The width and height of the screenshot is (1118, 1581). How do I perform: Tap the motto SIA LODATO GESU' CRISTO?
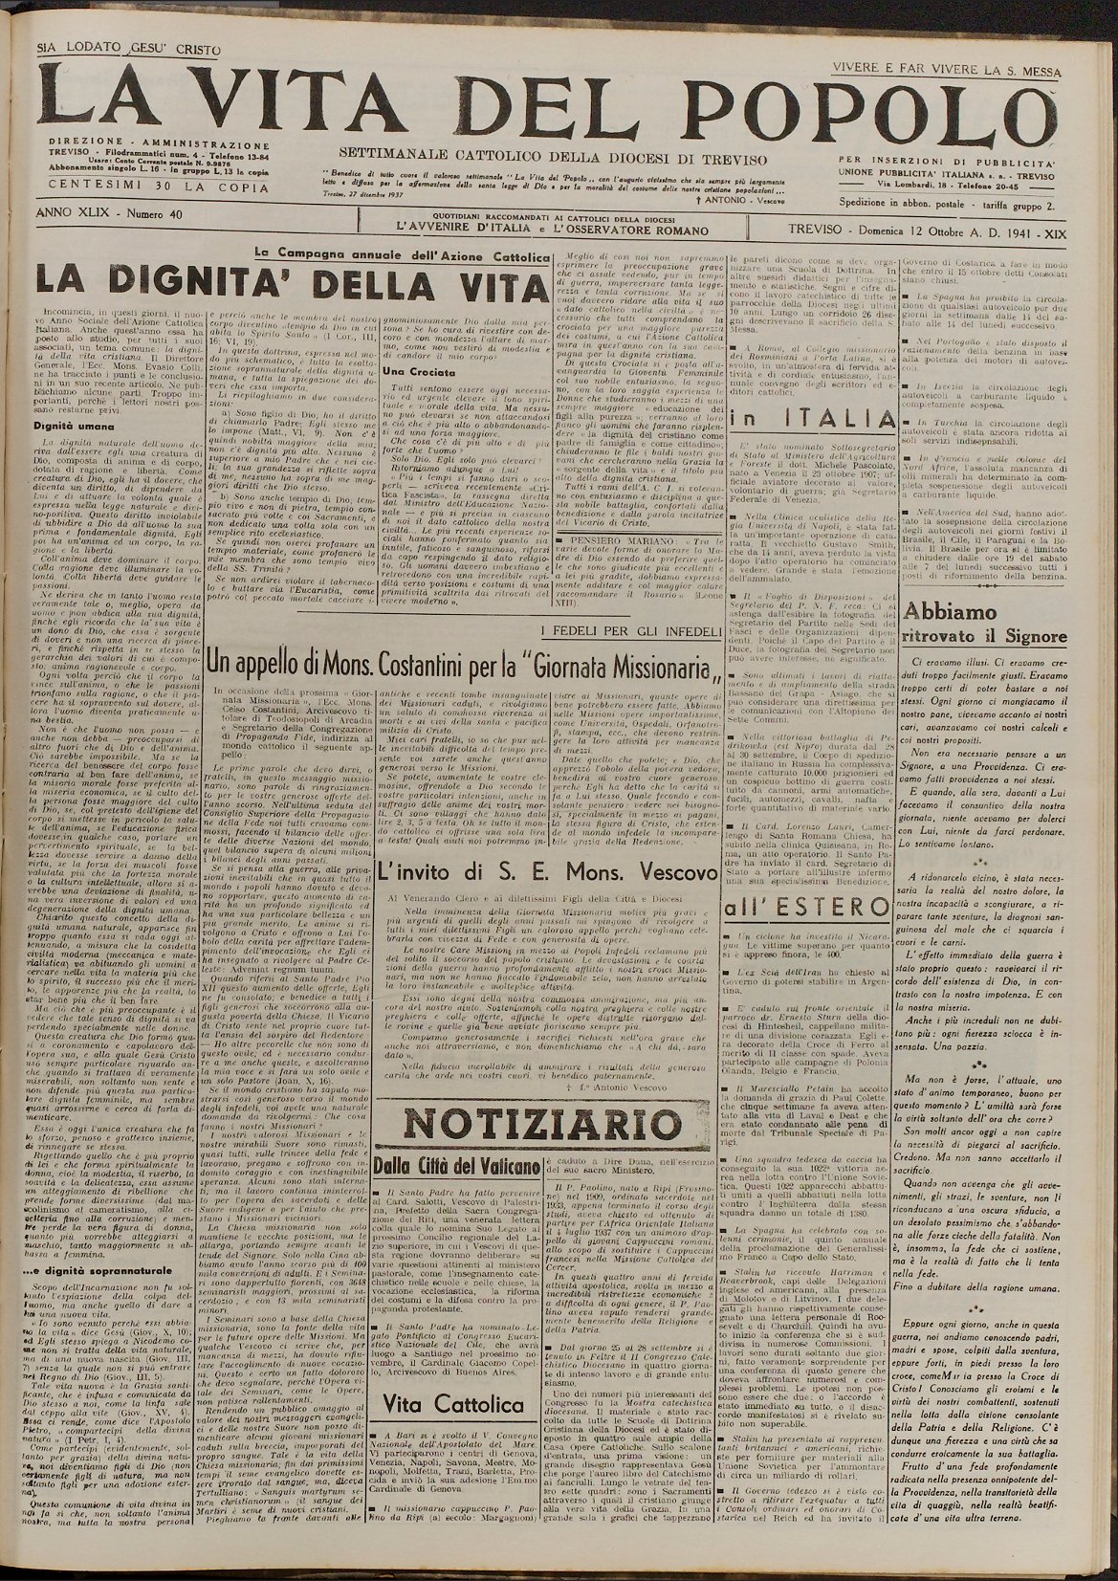click(x=129, y=50)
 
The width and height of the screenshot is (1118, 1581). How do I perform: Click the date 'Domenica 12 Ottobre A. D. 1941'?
click(x=925, y=231)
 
